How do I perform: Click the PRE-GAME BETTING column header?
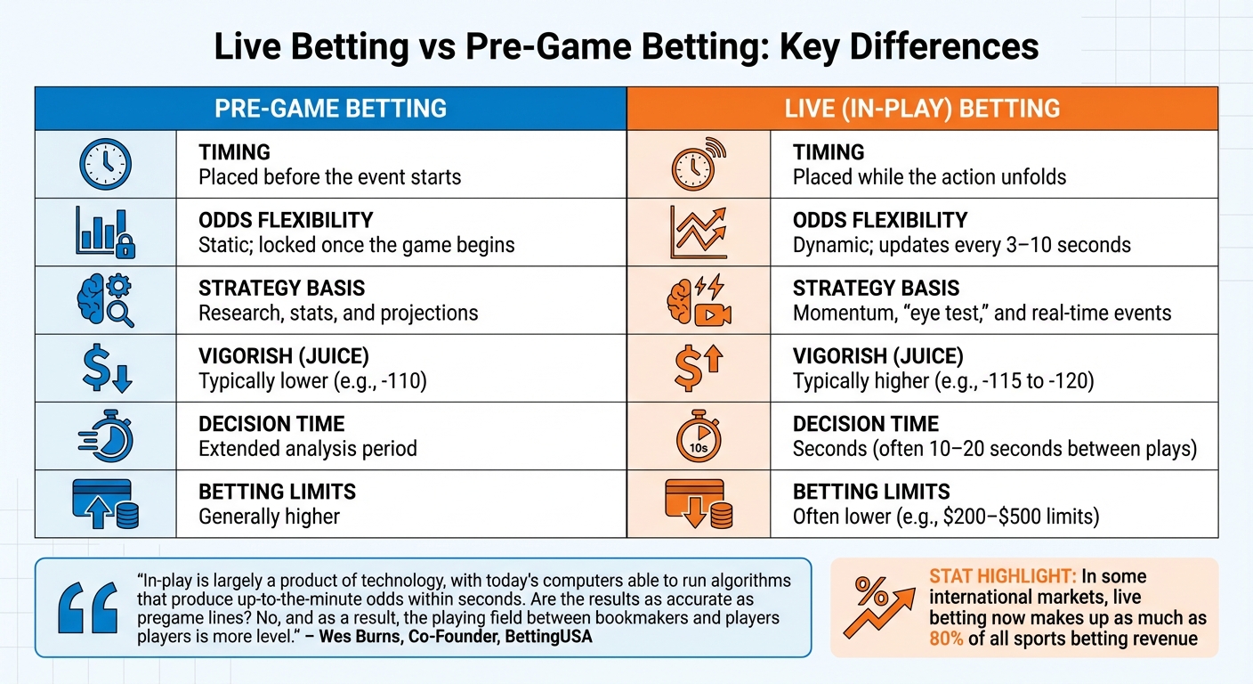[330, 109]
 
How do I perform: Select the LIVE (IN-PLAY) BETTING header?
[922, 109]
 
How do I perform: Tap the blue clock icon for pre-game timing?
[105, 164]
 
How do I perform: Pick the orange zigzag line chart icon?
[699, 232]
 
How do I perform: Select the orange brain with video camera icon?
[699, 301]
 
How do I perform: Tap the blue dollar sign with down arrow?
[105, 368]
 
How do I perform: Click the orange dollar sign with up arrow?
[699, 368]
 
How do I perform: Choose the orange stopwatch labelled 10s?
[699, 436]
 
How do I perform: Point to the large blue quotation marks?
[86, 608]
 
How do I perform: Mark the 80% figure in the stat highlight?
[946, 639]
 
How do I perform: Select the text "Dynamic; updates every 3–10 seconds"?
[962, 244]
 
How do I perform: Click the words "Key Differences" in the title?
[909, 47]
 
